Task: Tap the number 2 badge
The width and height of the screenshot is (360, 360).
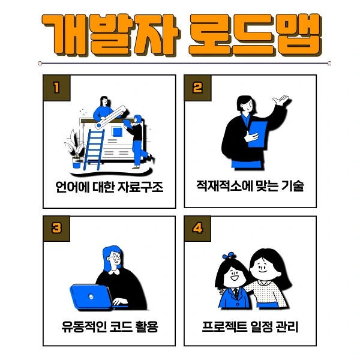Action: point(197,88)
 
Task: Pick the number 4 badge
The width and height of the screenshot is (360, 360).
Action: point(197,228)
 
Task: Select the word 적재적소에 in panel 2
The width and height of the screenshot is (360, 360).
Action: point(223,187)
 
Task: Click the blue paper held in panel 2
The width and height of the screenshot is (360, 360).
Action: point(257,133)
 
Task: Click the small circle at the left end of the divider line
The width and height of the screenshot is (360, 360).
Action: point(40,62)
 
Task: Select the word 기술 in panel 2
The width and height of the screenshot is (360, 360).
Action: point(293,187)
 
